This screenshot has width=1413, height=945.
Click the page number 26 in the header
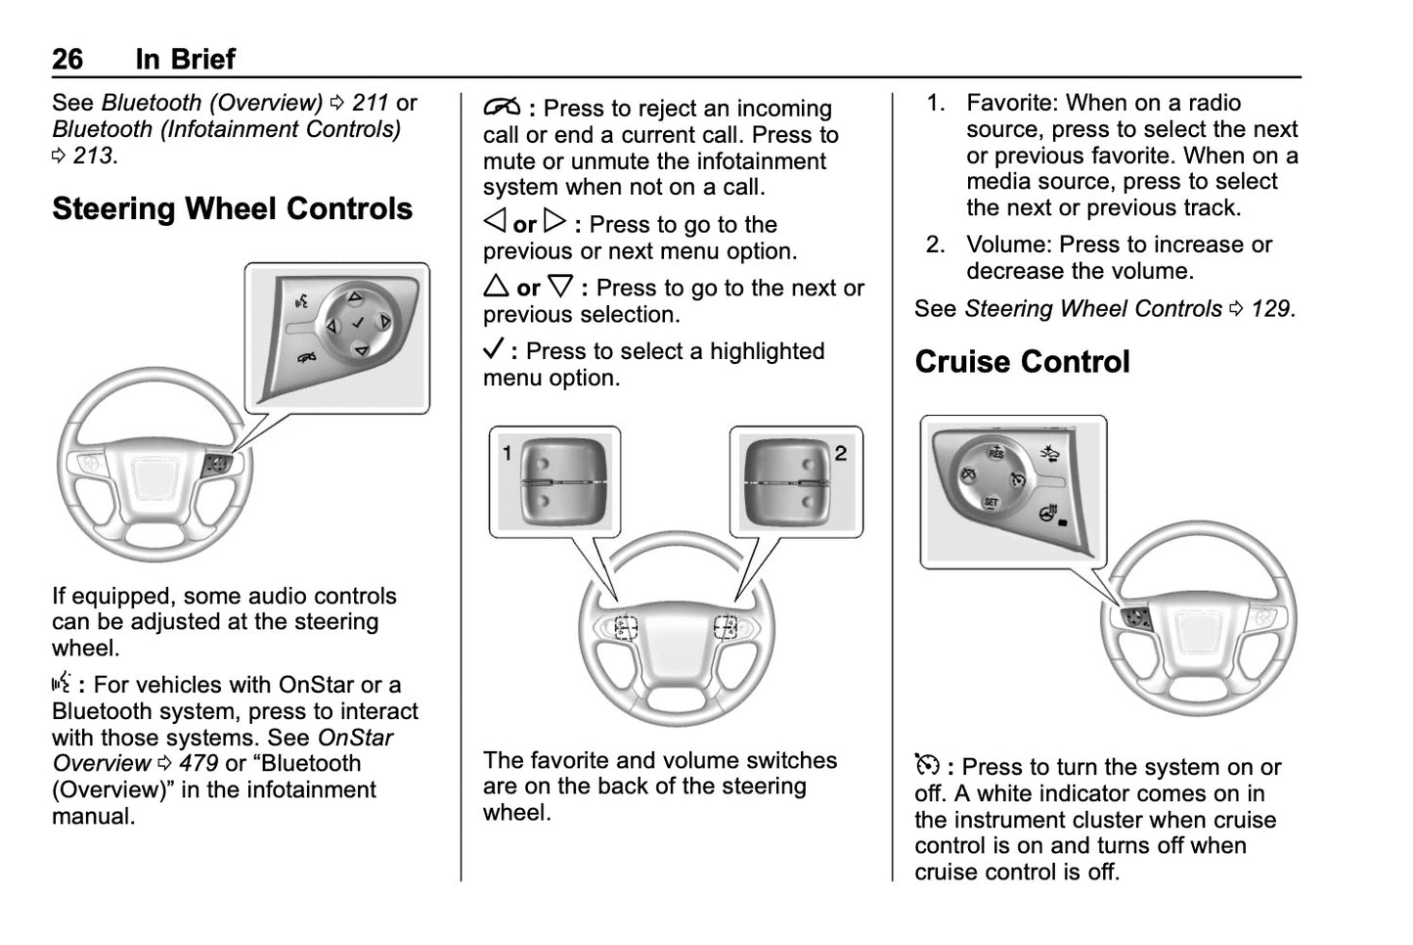pos(67,60)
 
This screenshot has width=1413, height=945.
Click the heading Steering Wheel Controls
pos(232,209)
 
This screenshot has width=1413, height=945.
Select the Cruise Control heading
pos(1022,362)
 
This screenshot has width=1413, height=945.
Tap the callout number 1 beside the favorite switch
pos(508,452)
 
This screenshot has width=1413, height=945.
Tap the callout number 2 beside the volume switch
pos(840,452)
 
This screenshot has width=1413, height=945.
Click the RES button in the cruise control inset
pos(995,453)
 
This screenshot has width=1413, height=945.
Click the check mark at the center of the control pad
pos(358,323)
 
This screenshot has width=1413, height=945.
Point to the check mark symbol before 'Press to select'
pos(494,349)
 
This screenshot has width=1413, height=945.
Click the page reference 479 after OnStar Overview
pos(198,764)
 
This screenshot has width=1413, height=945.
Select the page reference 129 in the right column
pos(1269,309)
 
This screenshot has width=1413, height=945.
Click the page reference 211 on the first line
pos(370,103)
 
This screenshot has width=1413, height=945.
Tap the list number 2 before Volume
pos(935,245)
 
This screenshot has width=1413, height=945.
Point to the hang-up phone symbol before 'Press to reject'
pos(501,108)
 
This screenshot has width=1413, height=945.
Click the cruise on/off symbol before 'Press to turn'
pos(927,765)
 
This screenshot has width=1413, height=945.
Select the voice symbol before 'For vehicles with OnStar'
pos(62,684)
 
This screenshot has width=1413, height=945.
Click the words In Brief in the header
pos(185,60)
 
